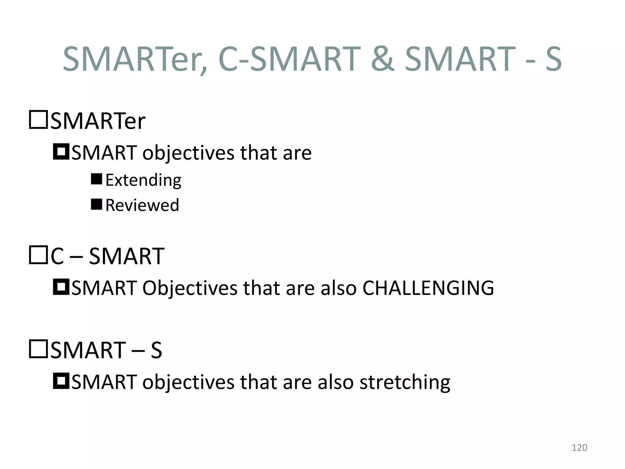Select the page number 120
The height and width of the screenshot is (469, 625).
pyautogui.click(x=579, y=448)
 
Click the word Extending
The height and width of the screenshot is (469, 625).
pyautogui.click(x=143, y=180)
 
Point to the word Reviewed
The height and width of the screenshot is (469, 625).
pyautogui.click(x=142, y=205)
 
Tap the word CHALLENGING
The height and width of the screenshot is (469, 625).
pyautogui.click(x=428, y=288)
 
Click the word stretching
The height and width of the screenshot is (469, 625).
pyautogui.click(x=405, y=382)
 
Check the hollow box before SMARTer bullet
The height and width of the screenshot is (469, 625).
pyautogui.click(x=38, y=120)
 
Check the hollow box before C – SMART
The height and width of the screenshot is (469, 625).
pyautogui.click(x=38, y=255)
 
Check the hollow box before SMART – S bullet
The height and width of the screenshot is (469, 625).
pyautogui.click(x=38, y=349)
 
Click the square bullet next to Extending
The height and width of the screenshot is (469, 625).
pyautogui.click(x=96, y=179)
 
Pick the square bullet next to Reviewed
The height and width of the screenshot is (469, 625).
pyautogui.click(x=96, y=204)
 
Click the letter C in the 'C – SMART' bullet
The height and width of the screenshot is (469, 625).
pyautogui.click(x=57, y=256)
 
